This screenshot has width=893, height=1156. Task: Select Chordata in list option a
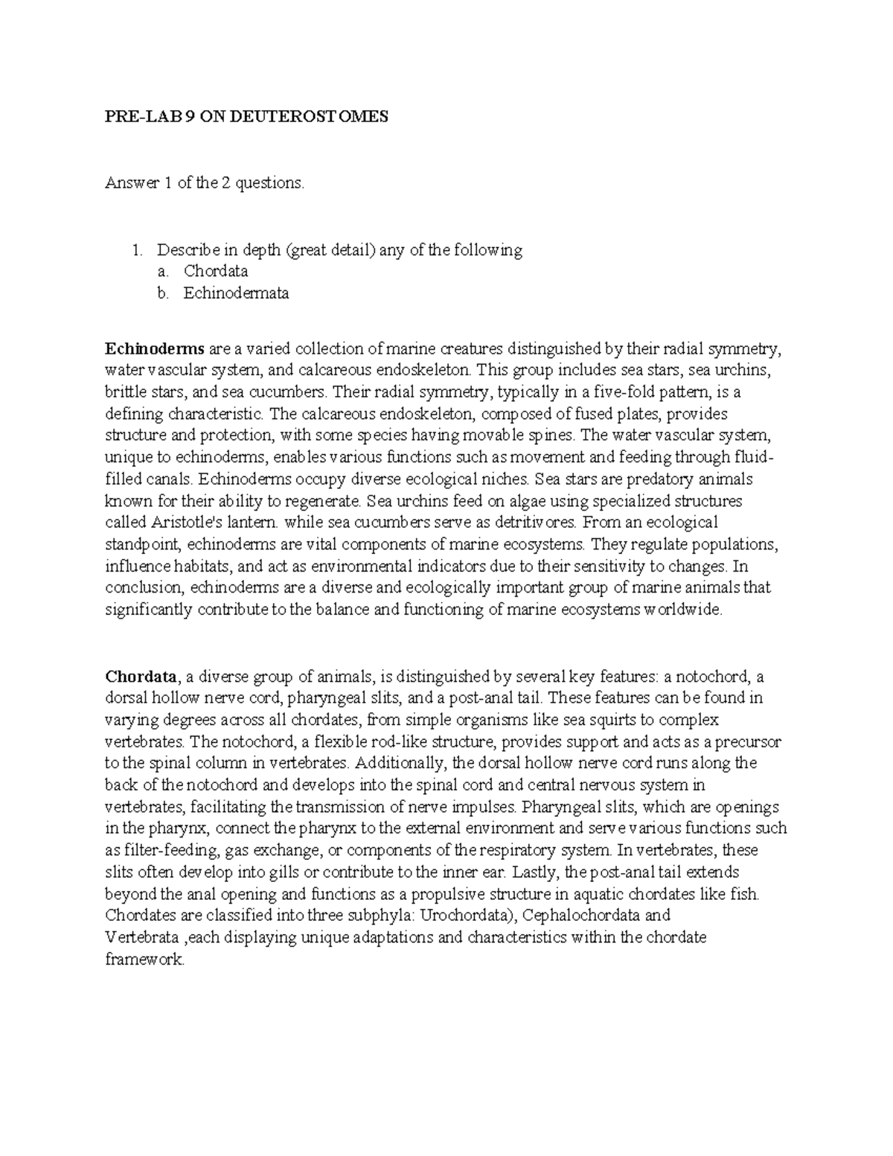click(216, 271)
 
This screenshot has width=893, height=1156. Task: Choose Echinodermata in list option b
click(236, 293)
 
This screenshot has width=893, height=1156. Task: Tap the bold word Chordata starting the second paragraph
click(141, 677)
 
